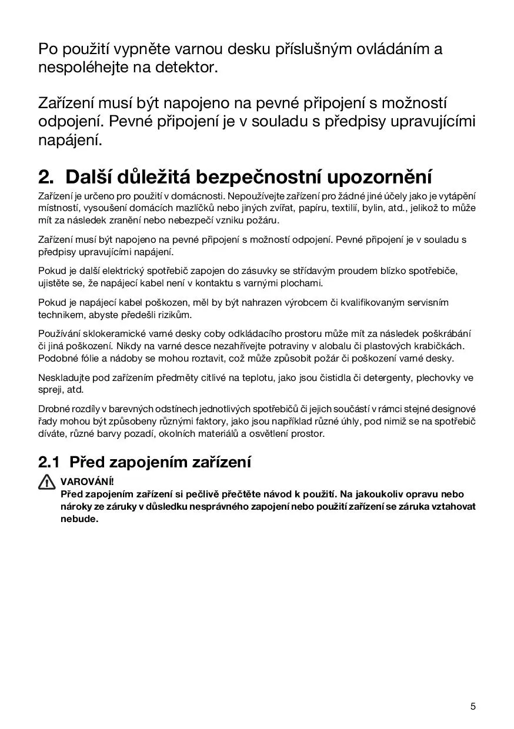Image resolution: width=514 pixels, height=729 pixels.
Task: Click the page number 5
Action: (x=473, y=706)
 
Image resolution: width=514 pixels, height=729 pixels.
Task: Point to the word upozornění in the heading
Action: (x=379, y=176)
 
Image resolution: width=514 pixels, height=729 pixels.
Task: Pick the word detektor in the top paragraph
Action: (x=187, y=68)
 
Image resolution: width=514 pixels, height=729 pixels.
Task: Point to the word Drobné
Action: (x=54, y=409)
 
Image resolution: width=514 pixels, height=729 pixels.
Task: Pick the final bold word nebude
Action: (x=79, y=519)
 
